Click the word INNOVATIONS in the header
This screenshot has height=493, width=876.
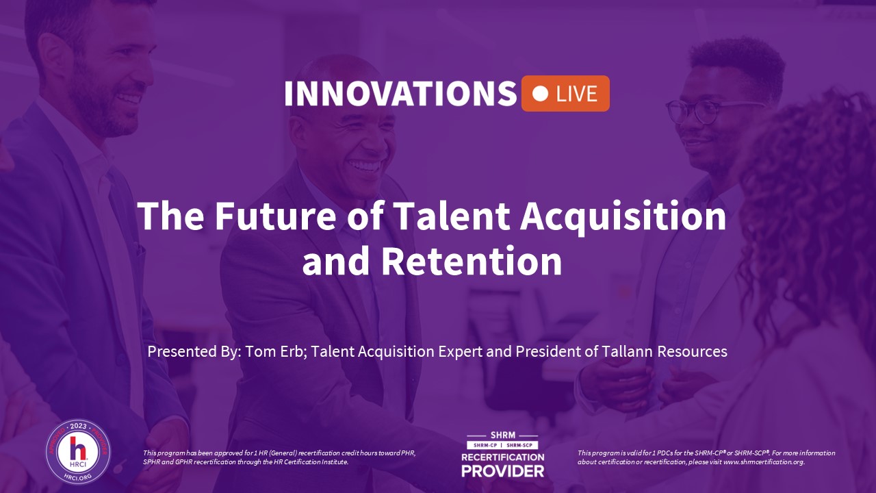400,94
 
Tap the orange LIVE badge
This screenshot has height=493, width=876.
565,94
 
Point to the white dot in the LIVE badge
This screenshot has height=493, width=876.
540,94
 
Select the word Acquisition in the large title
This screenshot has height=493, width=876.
623,218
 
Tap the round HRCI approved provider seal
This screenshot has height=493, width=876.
78,452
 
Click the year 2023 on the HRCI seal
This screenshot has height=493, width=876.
78,427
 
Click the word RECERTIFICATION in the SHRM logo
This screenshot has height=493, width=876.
502,457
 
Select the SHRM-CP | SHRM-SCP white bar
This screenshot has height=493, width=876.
502,445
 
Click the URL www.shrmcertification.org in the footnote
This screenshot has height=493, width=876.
763,462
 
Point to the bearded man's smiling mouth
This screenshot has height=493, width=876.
128,98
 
